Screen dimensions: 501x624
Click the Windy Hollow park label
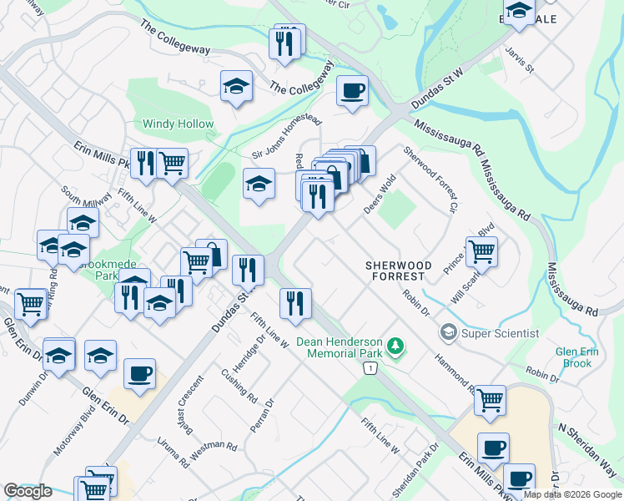178,124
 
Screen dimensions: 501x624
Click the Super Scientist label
501,333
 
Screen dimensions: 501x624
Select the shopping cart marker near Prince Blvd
481,250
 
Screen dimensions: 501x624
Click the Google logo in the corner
28,491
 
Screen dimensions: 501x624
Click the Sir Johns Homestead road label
287,138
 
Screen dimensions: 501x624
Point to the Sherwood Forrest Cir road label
430,178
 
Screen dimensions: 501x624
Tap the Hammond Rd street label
455,372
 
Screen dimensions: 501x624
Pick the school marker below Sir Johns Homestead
259,184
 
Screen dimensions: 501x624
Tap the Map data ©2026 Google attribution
572,494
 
